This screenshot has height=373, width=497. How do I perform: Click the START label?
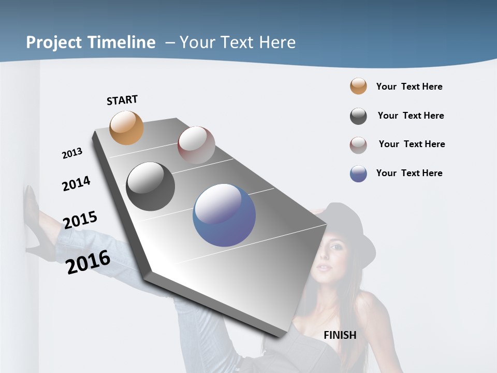[x=122, y=100]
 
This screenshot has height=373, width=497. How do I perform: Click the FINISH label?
[x=340, y=335]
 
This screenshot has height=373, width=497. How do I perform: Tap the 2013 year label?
[x=72, y=153]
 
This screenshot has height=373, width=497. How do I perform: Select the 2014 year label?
[x=76, y=183]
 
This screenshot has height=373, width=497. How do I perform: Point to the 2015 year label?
[x=80, y=220]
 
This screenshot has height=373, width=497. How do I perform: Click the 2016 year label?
[x=88, y=262]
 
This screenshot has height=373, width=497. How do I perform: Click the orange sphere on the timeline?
[x=127, y=127]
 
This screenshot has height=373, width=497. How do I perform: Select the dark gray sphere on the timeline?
[x=151, y=187]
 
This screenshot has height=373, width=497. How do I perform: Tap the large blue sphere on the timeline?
[x=224, y=215]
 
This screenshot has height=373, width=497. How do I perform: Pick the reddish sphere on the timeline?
[x=196, y=145]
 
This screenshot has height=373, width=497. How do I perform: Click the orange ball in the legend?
[x=358, y=86]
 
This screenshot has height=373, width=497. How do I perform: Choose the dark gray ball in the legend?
[x=358, y=116]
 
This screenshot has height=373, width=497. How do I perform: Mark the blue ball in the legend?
[x=358, y=174]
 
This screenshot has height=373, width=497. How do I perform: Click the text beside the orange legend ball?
[x=409, y=87]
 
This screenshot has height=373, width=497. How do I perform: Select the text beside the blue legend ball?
[x=409, y=173]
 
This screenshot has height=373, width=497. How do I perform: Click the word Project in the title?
[x=53, y=42]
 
